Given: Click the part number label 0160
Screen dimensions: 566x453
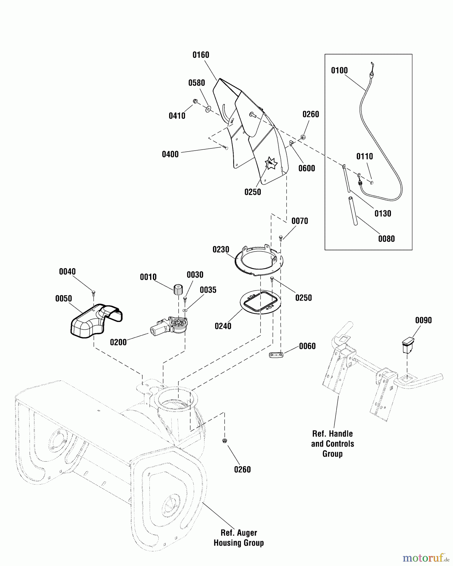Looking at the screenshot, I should [201, 55].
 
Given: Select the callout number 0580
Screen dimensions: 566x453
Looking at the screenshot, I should [197, 83].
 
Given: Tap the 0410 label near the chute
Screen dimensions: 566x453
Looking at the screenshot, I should [177, 116].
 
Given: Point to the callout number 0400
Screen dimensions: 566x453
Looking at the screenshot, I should [170, 154].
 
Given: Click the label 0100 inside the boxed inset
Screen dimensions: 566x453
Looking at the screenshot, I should [339, 70].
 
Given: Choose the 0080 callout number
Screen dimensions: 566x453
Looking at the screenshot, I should [386, 239].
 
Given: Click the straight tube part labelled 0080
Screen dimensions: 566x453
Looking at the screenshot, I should [353, 211].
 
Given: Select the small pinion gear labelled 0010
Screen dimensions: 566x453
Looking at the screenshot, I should [178, 289].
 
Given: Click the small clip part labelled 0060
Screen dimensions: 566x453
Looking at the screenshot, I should [277, 355].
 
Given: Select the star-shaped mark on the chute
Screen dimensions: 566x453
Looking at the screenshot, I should [271, 163].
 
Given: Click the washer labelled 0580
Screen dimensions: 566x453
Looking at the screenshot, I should [208, 109].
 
